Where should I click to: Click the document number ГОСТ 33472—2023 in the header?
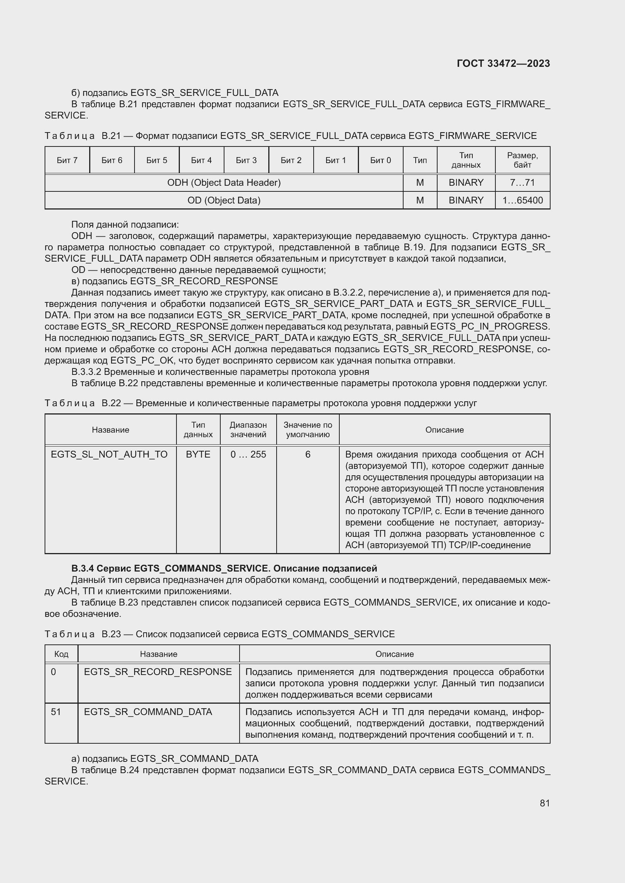click(x=503, y=63)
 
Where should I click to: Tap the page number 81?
click(x=545, y=803)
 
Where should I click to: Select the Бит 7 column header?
click(x=67, y=160)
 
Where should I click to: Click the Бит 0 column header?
click(x=380, y=160)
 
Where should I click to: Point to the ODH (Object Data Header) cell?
click(x=224, y=183)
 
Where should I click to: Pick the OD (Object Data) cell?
click(x=224, y=200)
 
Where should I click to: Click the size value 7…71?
click(x=522, y=183)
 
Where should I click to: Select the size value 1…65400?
click(x=522, y=200)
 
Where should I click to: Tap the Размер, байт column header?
click(x=522, y=160)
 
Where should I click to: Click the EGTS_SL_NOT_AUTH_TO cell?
click(x=109, y=455)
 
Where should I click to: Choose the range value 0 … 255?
click(x=248, y=455)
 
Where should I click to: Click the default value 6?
click(x=308, y=455)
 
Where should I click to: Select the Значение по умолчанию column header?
click(x=308, y=430)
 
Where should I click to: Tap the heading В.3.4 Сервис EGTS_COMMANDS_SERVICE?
click(x=224, y=569)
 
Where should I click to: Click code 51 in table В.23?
click(x=56, y=712)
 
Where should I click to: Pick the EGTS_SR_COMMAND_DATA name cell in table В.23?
click(x=148, y=712)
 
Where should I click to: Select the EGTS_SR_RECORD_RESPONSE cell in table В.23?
click(x=158, y=672)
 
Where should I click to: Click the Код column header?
click(x=61, y=654)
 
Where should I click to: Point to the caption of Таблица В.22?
click(x=261, y=404)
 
